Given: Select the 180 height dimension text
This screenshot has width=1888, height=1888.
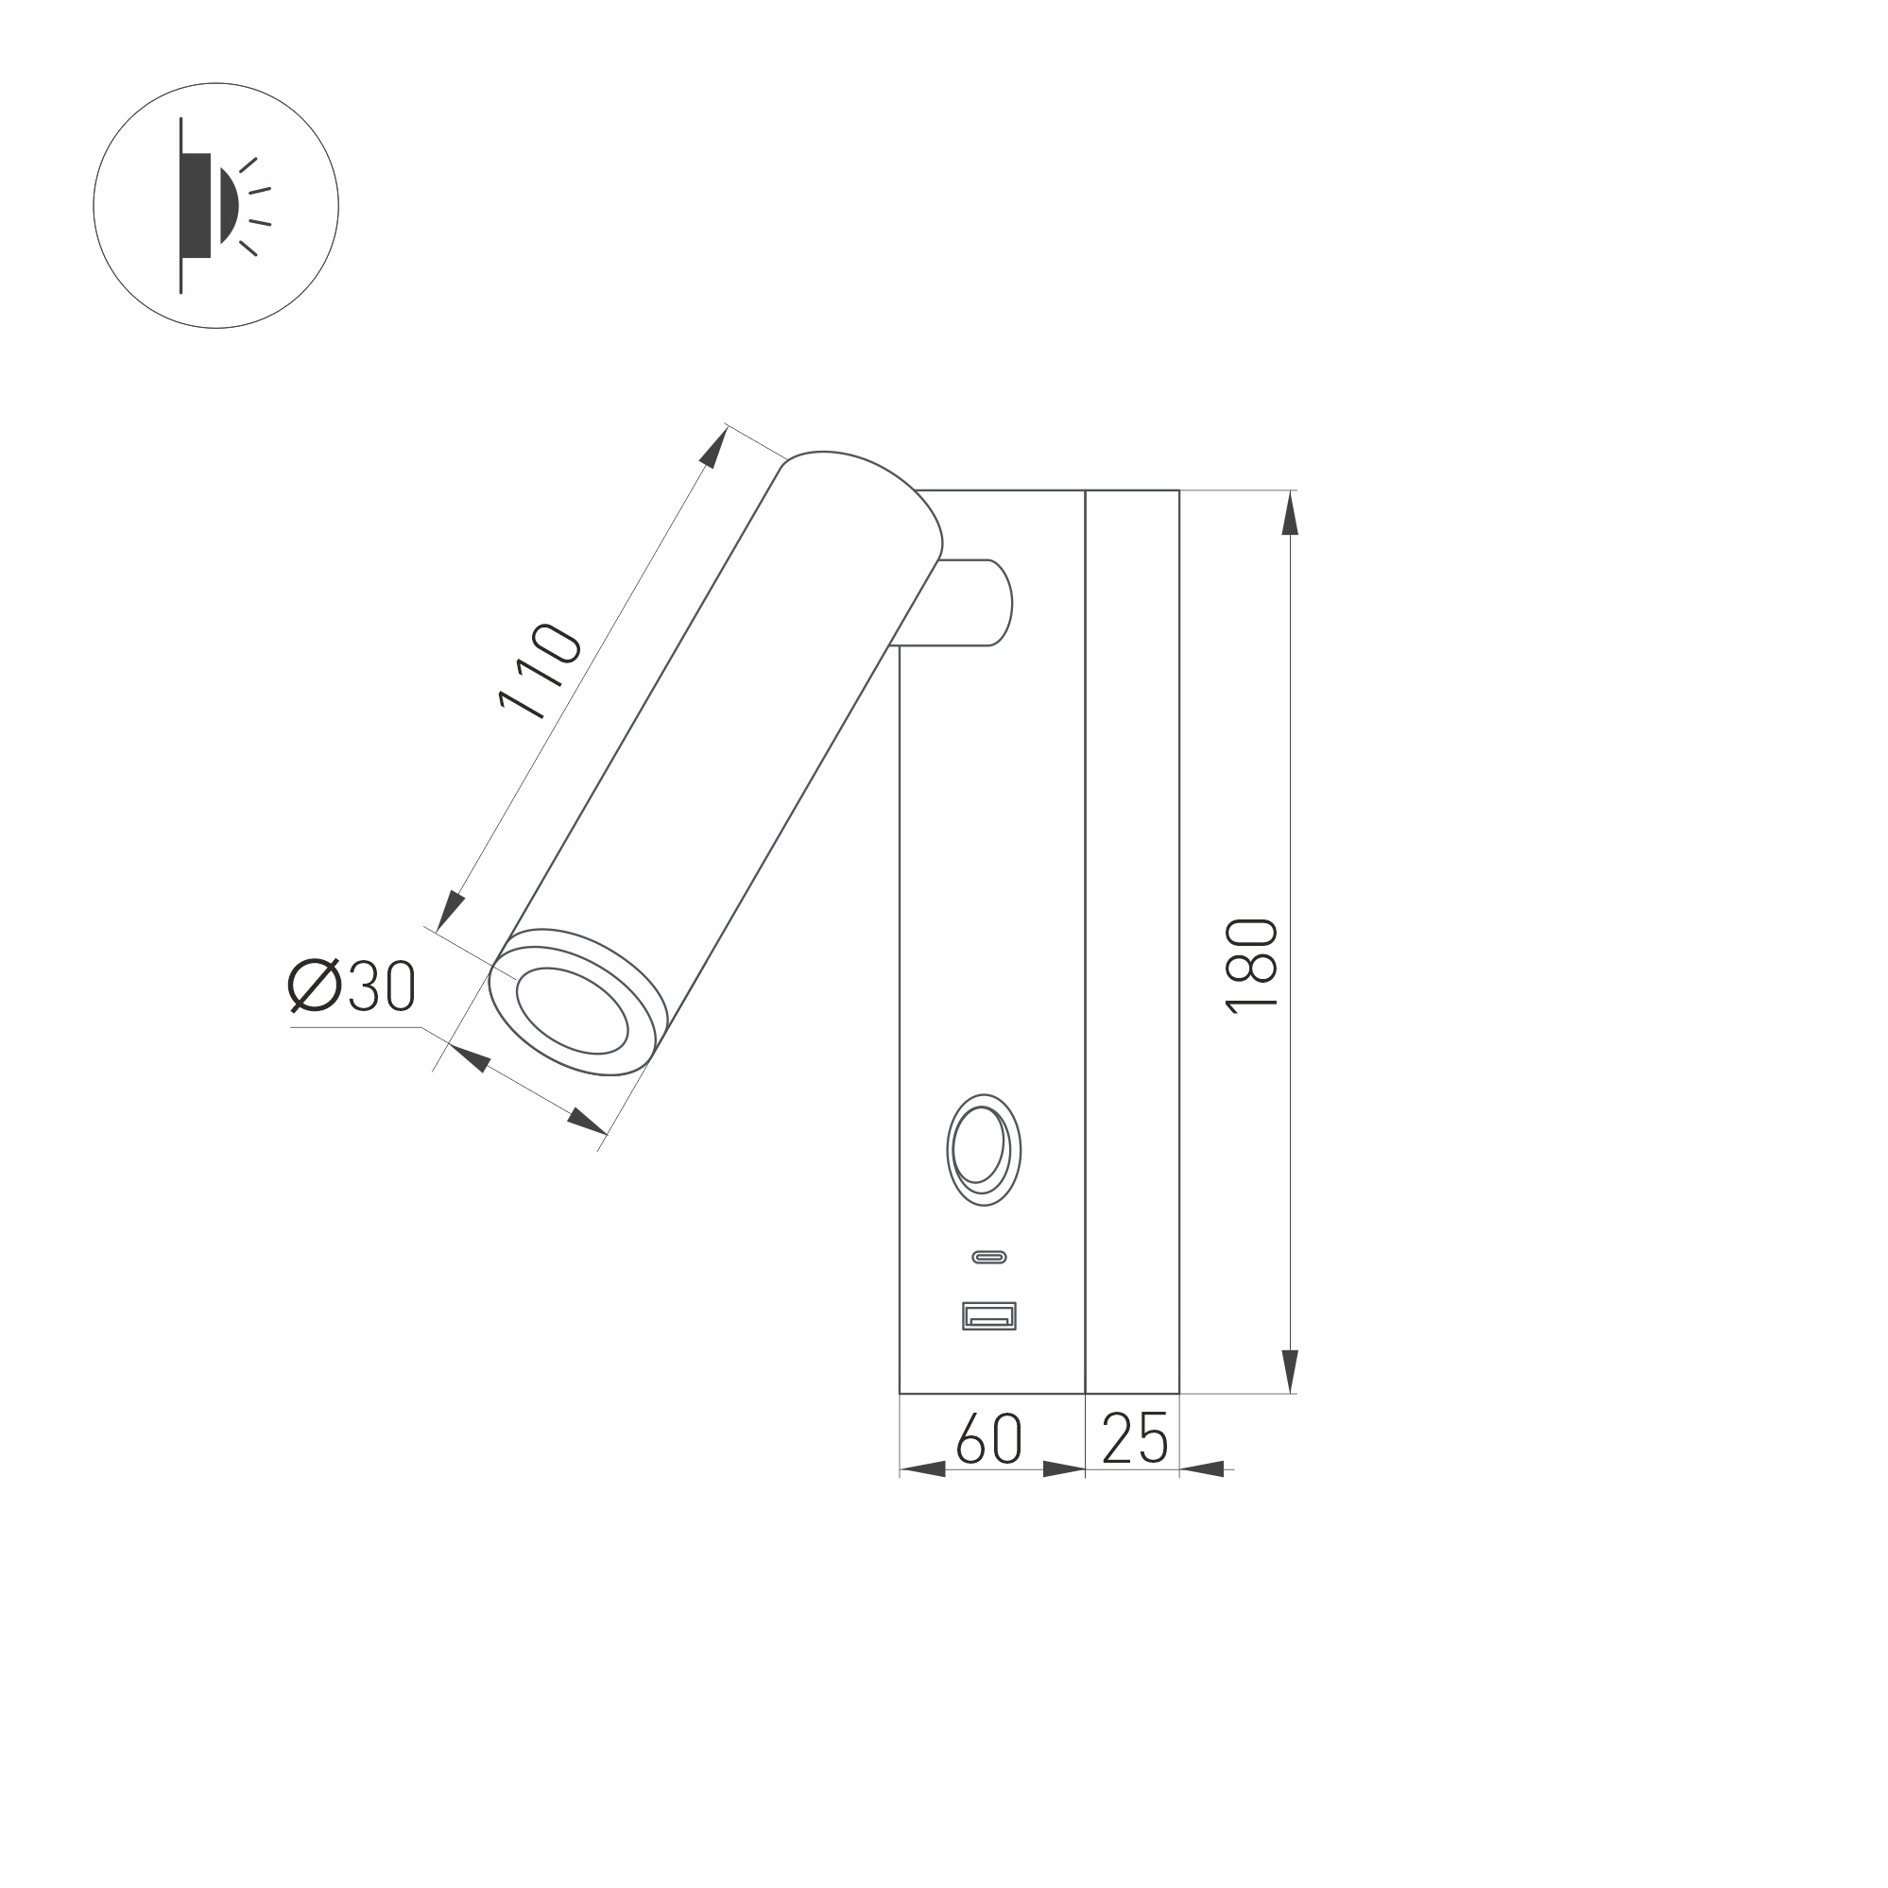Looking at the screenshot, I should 1252,966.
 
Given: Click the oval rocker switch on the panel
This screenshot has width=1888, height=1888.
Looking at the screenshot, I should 983,1149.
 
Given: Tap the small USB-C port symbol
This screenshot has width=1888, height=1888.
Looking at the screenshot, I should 989,1258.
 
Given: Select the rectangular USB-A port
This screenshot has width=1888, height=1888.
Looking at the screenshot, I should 989,1316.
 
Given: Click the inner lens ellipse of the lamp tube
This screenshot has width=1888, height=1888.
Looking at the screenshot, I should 572,1010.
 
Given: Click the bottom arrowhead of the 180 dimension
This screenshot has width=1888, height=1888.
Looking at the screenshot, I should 1290,1370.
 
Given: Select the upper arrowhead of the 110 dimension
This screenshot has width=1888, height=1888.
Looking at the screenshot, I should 715,448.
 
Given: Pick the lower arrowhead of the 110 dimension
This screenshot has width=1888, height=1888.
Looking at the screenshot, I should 450,910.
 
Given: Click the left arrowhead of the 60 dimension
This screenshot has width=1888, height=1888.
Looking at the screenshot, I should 921,1468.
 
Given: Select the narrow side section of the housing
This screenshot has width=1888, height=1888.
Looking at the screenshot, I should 1132,938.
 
